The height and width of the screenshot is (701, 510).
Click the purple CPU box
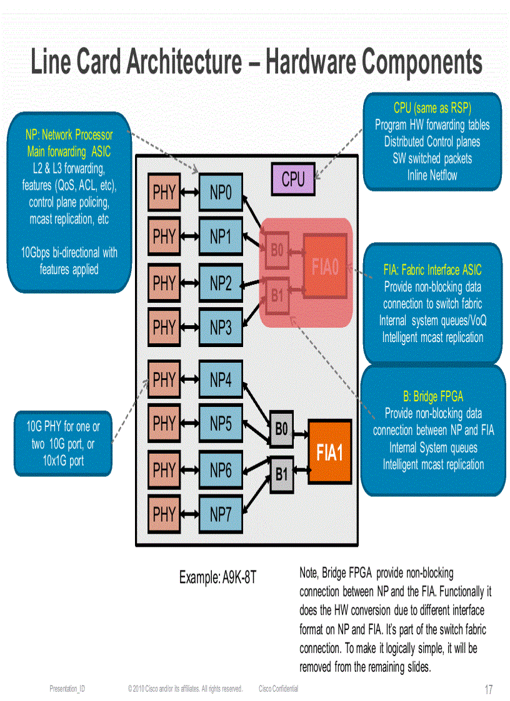293,179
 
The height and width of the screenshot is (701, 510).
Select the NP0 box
220,192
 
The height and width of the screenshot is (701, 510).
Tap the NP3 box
220,327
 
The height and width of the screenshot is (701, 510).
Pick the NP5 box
220,423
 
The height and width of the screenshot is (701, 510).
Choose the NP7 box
220,514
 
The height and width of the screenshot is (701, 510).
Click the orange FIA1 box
329,451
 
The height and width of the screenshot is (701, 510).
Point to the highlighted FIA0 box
325,267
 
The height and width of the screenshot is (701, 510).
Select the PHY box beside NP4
164,380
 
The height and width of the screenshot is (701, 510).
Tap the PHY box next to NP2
164,283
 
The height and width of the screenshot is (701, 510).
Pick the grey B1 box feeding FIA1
281,474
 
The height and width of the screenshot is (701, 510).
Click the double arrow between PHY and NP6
189,470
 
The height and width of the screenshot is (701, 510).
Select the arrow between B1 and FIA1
301,469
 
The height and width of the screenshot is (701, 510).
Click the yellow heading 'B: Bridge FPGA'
433,396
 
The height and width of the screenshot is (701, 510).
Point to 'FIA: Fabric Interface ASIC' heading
432,270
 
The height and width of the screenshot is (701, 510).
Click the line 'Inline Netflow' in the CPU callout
432,175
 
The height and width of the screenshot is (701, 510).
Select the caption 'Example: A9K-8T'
217,577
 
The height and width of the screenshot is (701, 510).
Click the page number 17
488,690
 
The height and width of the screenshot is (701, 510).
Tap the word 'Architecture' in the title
184,62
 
